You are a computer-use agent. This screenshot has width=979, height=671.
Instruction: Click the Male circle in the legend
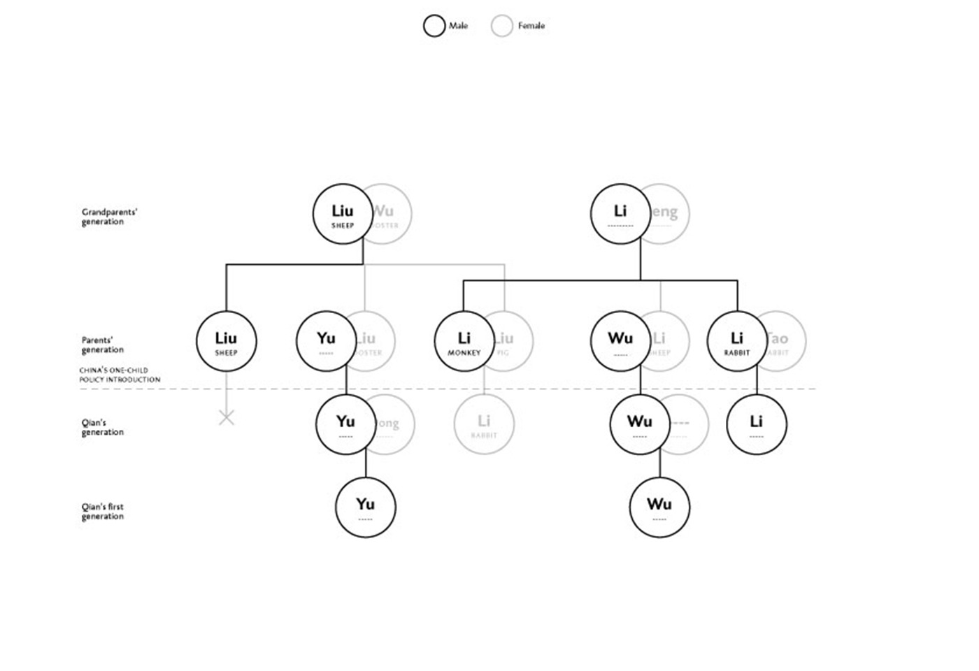[434, 26]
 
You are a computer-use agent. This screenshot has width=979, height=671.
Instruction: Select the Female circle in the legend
[502, 26]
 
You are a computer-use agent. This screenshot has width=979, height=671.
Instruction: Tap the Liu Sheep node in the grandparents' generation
[343, 214]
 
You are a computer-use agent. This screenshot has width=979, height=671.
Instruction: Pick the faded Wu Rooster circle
[392, 214]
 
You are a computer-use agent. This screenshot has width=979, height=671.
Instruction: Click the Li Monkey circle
[464, 341]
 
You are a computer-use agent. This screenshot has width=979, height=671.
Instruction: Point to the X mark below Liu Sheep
[227, 418]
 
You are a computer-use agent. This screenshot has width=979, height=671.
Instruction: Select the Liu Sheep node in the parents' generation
[227, 341]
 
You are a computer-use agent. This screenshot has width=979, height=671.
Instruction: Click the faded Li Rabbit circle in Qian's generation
[484, 424]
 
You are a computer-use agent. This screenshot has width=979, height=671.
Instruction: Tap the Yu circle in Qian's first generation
[366, 507]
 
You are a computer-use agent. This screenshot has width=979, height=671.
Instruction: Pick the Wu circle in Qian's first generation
[659, 507]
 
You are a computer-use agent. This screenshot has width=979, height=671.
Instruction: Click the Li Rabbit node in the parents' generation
[737, 341]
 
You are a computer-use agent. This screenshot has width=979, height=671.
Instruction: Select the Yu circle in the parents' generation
[327, 341]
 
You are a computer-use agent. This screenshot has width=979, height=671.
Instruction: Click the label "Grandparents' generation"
[109, 217]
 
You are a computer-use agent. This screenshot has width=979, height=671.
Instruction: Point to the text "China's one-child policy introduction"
[120, 375]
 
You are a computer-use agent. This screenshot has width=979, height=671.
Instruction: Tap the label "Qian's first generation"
[103, 512]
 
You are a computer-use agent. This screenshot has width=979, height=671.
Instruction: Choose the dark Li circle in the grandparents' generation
[620, 214]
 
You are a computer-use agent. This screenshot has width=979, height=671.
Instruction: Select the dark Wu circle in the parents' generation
[620, 341]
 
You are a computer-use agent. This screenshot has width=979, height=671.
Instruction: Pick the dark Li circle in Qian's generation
[757, 424]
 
